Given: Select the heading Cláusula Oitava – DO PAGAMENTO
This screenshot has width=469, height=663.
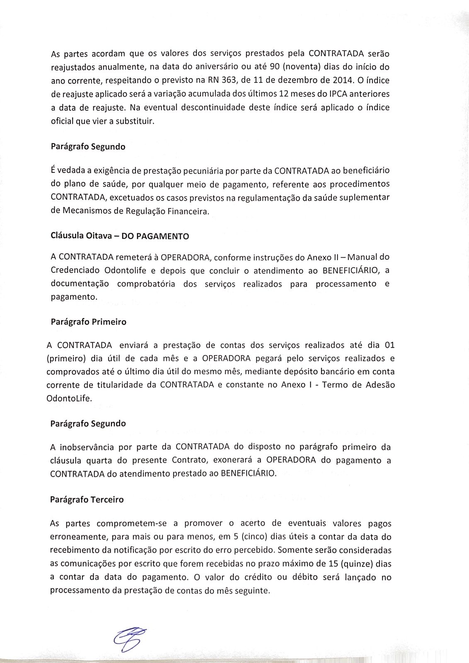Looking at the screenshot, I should (119, 236).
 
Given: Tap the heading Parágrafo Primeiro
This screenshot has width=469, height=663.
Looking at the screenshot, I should (88, 322).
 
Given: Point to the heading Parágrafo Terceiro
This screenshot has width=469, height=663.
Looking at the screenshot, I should (87, 500).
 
